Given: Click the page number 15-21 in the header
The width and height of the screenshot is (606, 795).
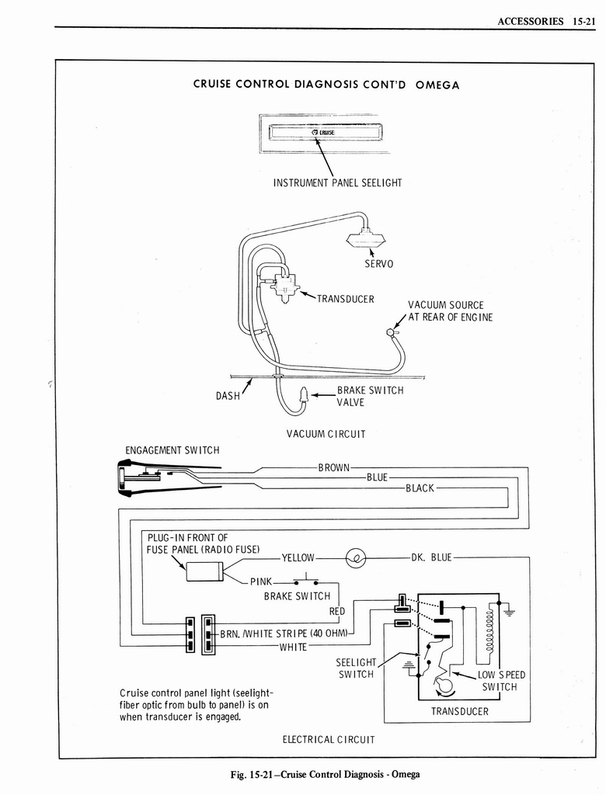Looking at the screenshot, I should click(581, 21).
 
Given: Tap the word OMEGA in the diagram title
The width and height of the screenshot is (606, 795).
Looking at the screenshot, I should click(437, 85).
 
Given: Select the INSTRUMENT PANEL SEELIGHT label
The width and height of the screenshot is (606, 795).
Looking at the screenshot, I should click(337, 183).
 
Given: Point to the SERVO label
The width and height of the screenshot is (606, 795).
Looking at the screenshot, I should click(379, 264).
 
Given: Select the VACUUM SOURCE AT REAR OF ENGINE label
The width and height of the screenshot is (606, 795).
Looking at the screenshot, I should click(450, 311).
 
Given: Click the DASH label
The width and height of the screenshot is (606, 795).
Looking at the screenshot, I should click(228, 396).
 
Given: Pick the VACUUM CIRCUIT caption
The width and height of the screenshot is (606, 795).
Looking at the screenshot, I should click(326, 434).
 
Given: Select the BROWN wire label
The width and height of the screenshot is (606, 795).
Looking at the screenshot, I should click(335, 467).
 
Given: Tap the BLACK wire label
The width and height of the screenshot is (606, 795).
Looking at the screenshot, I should click(420, 488).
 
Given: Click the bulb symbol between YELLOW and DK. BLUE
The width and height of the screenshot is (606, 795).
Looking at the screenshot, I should click(355, 557).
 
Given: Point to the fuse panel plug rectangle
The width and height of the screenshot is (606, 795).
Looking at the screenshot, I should click(204, 572).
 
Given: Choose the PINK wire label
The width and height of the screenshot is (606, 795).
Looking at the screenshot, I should click(260, 581).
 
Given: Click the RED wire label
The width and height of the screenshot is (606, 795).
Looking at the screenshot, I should click(336, 612).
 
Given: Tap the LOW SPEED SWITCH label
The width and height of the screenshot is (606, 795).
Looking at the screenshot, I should click(501, 680).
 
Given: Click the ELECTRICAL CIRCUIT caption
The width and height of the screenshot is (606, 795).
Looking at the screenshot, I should click(329, 739).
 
